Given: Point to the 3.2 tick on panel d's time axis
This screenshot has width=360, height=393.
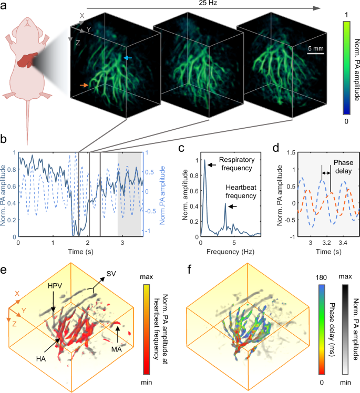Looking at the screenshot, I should click(327, 243).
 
